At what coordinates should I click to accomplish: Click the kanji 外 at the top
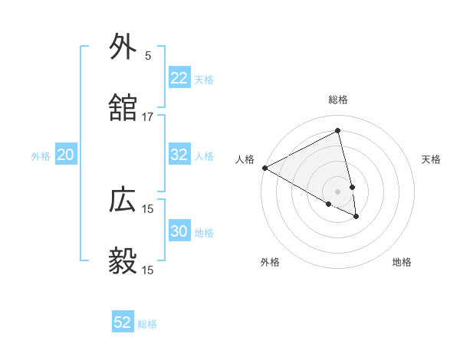[x=123, y=47]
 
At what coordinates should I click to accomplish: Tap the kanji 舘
[x=123, y=109]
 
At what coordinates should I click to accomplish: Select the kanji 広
[x=123, y=200]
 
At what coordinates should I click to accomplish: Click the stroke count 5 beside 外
[x=147, y=55]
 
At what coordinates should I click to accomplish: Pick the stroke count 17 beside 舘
[x=147, y=117]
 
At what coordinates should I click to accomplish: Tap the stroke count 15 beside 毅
[x=147, y=270]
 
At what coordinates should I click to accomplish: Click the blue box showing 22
[x=179, y=78]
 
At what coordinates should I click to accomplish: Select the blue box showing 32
[x=179, y=155]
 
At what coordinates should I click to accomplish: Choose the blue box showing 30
[x=179, y=231]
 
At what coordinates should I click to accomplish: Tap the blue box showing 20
[x=66, y=155]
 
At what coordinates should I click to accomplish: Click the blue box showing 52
[x=123, y=322]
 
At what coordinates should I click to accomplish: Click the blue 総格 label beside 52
[x=147, y=324]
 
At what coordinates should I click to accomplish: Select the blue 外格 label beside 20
[x=41, y=156]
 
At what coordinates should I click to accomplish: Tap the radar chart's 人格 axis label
[x=245, y=159]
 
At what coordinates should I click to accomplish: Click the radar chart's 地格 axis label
[x=402, y=262]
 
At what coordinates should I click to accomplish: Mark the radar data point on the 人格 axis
[x=264, y=168]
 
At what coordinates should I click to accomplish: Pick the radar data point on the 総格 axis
[x=338, y=131]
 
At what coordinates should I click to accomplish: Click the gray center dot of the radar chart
[x=338, y=191]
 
